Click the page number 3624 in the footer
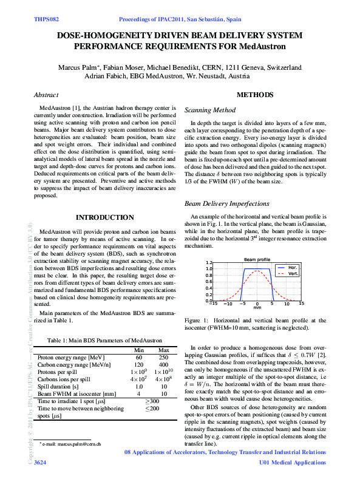pyautogui.click(x=40, y=463)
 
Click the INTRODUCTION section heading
pyautogui.click(x=104, y=217)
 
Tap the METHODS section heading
pyautogui.click(x=254, y=95)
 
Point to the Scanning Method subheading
pyautogui.click(x=209, y=110)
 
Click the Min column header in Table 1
pyautogui.click(x=138, y=350)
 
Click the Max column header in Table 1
pyautogui.click(x=163, y=350)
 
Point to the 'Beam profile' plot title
pyautogui.click(x=257, y=259)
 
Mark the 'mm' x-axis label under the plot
pyautogui.click(x=257, y=307)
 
